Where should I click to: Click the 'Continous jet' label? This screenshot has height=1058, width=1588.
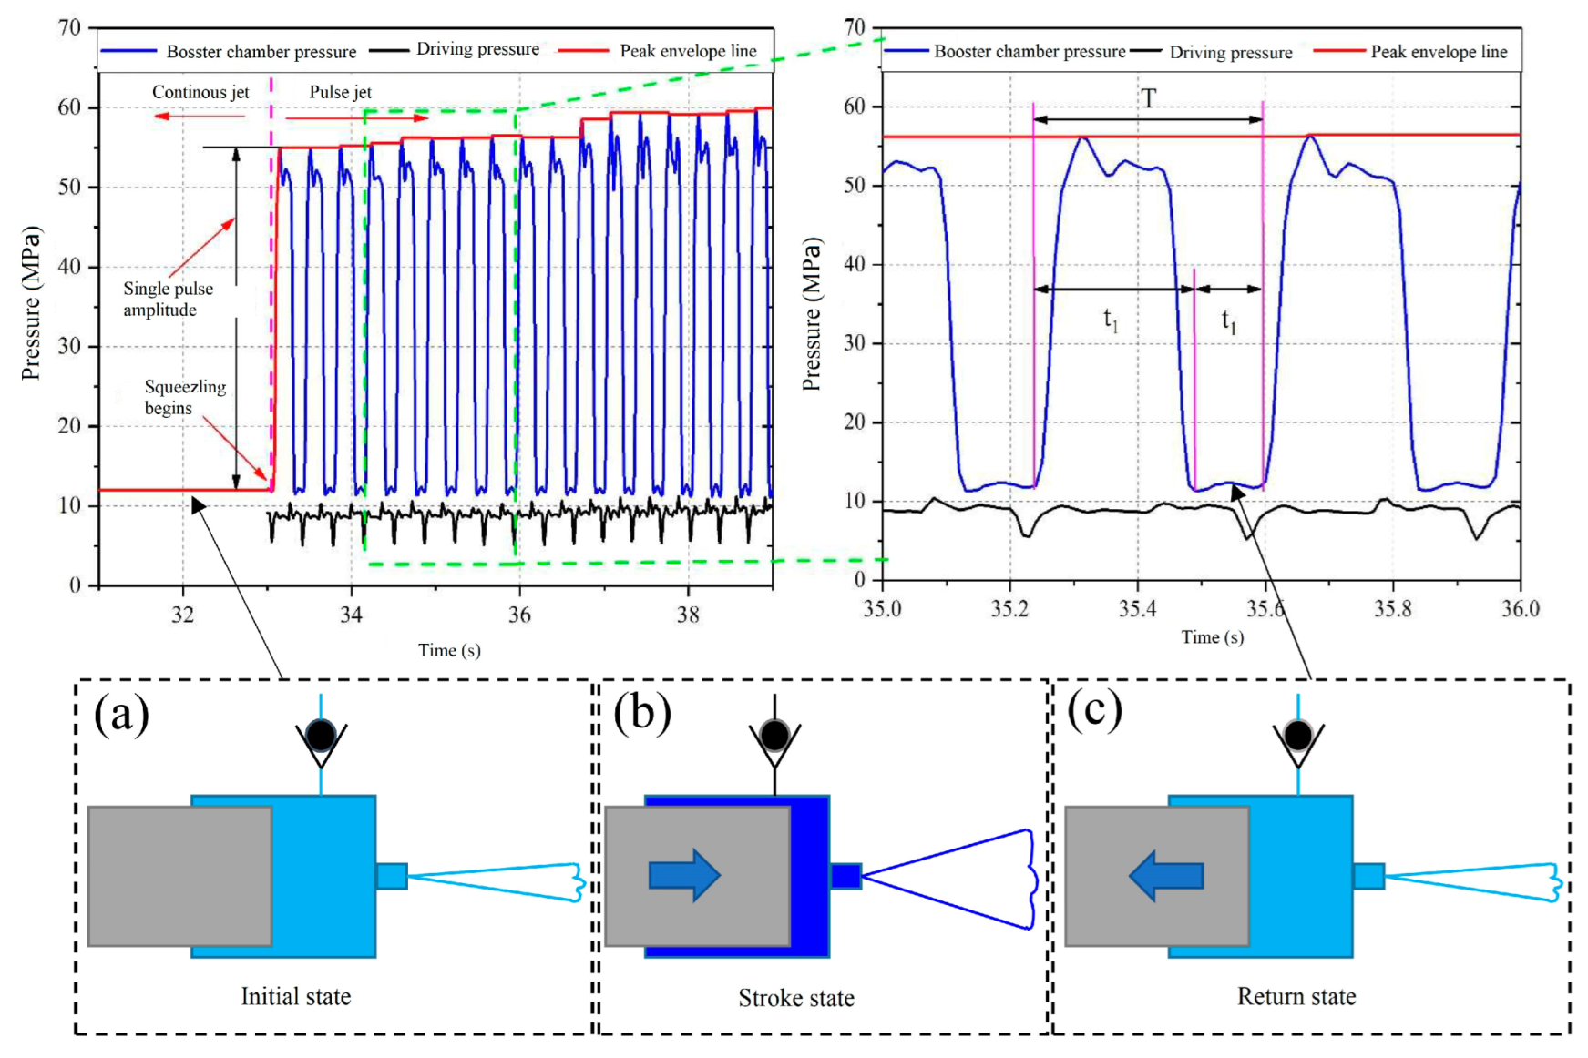[x=200, y=92]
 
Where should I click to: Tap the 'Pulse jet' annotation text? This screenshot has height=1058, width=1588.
[x=340, y=92]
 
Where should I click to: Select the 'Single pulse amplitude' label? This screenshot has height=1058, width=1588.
[x=168, y=299]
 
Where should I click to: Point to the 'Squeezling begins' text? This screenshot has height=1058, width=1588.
[x=185, y=397]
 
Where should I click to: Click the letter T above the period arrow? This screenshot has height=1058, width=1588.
[x=1149, y=98]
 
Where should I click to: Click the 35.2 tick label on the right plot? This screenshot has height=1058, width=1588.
[x=1009, y=608]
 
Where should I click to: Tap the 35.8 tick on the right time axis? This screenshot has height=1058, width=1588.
[x=1392, y=608]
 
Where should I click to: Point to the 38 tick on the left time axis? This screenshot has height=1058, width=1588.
[x=688, y=615]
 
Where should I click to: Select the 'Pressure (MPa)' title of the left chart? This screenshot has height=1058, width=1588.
[x=32, y=303]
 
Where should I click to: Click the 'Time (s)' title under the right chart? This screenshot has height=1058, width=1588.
[x=1212, y=637]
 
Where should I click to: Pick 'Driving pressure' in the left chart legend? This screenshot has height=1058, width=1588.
[x=477, y=49]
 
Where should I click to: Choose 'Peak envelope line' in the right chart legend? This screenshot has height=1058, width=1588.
[x=1439, y=52]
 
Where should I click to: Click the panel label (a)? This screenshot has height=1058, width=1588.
[x=121, y=715]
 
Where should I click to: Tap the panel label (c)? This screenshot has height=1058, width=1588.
[x=1094, y=710]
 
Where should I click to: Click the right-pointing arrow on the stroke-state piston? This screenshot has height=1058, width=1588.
[x=684, y=875]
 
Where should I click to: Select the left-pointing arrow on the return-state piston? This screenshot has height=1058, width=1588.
[x=1166, y=875]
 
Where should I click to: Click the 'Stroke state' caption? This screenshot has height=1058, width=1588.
[x=795, y=998]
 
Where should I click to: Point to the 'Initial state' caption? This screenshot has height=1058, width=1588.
[x=295, y=996]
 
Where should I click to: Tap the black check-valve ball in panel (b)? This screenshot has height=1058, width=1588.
[x=774, y=735]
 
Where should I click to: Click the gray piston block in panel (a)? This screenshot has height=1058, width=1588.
[x=179, y=875]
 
